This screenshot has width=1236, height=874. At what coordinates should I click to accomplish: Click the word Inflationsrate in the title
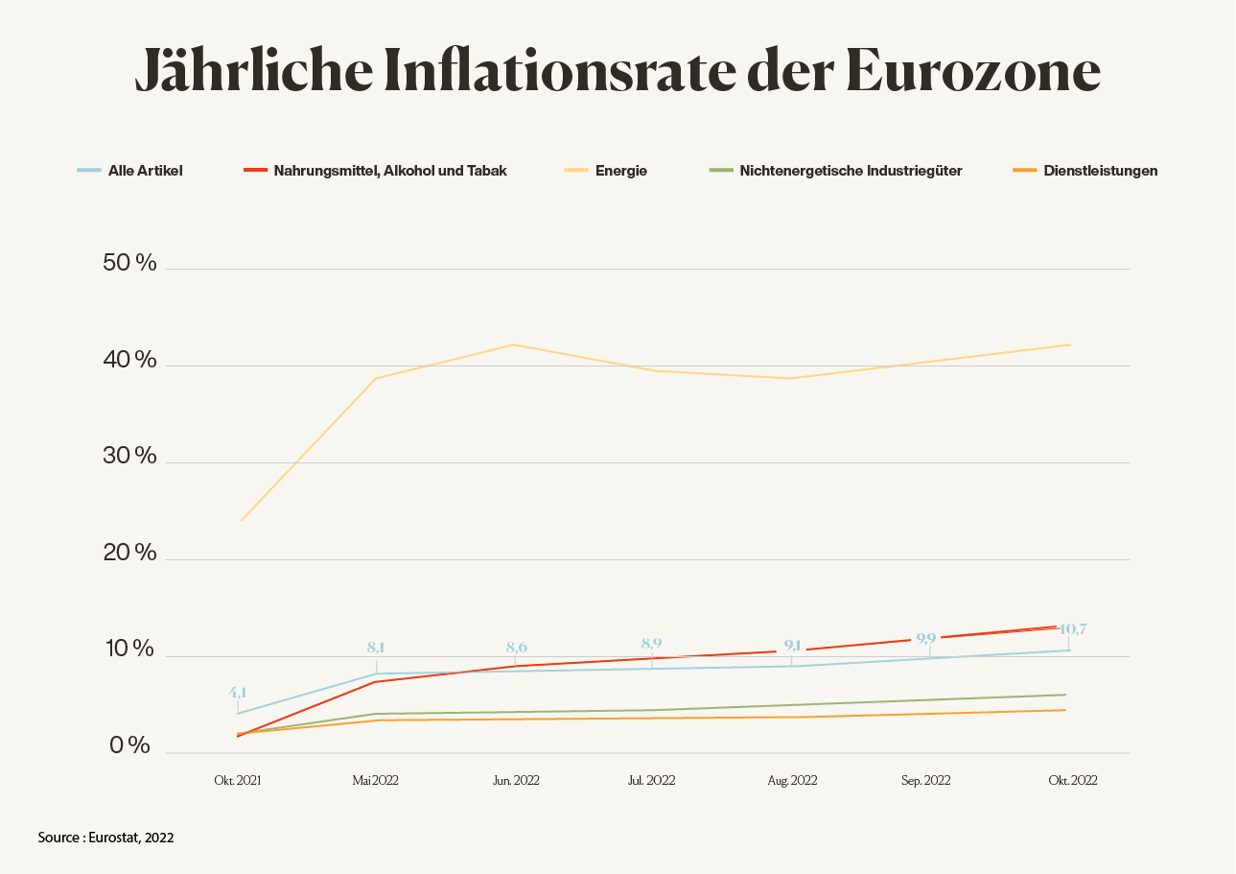[x=547, y=68]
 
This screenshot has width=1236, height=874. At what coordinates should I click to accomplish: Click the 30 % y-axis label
[x=129, y=456]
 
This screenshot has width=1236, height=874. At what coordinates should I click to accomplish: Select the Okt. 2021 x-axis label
[x=237, y=781]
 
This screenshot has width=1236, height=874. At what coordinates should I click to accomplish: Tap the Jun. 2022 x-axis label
[x=516, y=781]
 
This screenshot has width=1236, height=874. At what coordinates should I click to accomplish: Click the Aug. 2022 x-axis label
[x=792, y=781]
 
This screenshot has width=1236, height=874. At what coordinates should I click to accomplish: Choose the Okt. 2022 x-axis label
[x=1072, y=781]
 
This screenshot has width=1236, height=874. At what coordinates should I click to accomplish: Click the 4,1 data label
[x=238, y=692]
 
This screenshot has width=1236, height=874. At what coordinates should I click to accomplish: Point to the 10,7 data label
[x=1072, y=629]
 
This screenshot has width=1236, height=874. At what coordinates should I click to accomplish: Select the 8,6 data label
[x=516, y=648]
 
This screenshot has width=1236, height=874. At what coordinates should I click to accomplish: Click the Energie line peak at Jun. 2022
[x=515, y=344]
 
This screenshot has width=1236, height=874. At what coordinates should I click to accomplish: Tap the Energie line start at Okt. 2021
[x=241, y=520]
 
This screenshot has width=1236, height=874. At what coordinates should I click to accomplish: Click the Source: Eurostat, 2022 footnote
[x=105, y=838]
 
